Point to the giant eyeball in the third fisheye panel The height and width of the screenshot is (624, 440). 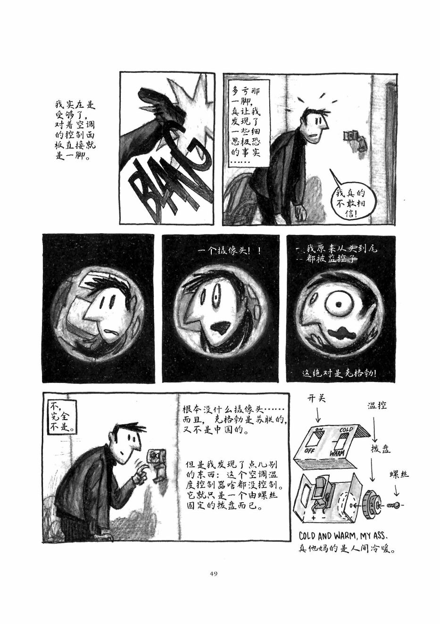(x=339, y=304)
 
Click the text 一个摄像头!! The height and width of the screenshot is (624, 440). (x=230, y=251)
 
